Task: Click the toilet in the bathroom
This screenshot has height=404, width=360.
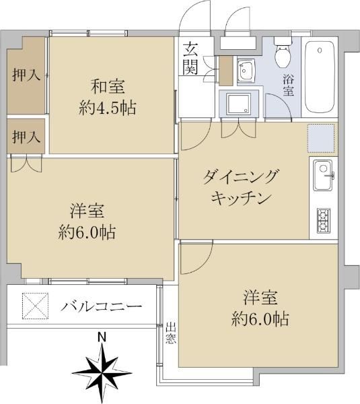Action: (x=283, y=52)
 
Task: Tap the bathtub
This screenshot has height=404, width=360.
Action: (x=320, y=77)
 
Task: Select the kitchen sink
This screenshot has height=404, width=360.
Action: (x=323, y=175)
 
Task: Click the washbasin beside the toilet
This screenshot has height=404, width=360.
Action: (x=246, y=71)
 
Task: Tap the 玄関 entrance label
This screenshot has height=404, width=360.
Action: (x=190, y=58)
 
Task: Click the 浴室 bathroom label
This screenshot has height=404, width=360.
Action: (x=289, y=85)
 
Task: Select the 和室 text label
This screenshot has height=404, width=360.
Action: (x=108, y=87)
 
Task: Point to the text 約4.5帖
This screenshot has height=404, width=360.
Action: (x=108, y=108)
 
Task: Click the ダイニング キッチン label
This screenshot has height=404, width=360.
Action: (x=241, y=188)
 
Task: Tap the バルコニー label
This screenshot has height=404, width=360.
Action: (x=101, y=306)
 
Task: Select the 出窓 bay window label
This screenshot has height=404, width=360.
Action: (x=170, y=333)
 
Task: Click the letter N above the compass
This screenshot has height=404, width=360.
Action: (x=102, y=337)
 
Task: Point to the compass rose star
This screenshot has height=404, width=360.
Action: (x=102, y=372)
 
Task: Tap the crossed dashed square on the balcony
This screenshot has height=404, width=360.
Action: (x=35, y=306)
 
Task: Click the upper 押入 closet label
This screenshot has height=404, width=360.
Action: (x=26, y=75)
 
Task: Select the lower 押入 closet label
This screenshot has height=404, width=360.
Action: (x=26, y=137)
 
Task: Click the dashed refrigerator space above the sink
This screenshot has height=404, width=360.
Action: (x=320, y=138)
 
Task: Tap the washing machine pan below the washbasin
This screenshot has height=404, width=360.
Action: (x=238, y=104)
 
